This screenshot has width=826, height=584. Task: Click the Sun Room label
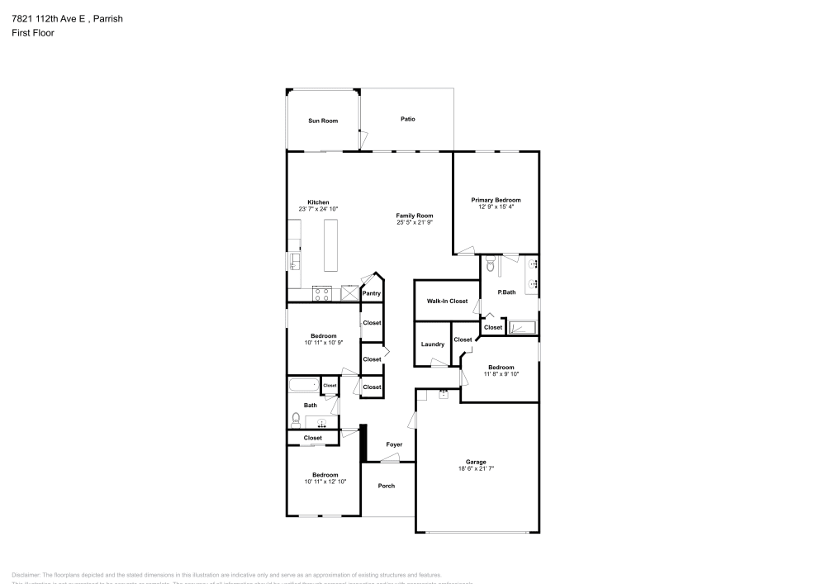323,121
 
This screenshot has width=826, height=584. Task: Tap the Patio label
407,119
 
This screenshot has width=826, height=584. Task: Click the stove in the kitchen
322,292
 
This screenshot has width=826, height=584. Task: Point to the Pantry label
372,293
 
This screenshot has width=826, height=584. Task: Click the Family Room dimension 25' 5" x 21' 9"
415,222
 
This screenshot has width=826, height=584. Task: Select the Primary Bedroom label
496,200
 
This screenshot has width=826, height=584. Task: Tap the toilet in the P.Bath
491,266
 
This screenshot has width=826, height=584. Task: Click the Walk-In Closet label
447,301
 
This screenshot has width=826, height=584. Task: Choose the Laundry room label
432,344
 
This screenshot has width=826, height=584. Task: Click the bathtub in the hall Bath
302,385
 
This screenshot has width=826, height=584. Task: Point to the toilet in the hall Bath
295,420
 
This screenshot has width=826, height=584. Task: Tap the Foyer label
394,444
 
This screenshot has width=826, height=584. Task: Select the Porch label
387,486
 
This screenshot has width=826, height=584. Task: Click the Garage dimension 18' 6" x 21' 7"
476,468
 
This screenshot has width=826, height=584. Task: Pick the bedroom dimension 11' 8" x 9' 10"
501,374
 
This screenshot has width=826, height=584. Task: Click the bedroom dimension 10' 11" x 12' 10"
325,482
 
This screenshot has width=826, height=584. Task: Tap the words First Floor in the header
32,33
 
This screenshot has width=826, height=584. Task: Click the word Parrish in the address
107,18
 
